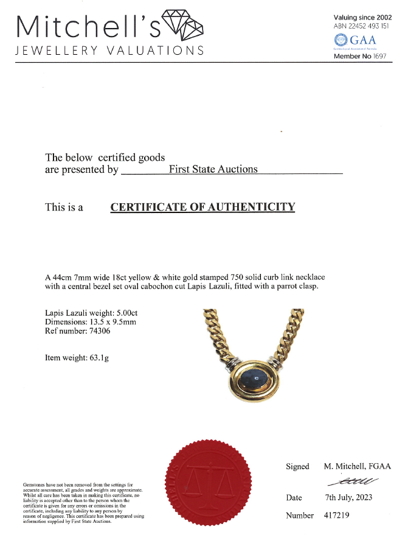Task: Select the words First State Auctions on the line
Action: click(x=213, y=169)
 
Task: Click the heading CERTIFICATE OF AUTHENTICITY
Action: click(x=202, y=207)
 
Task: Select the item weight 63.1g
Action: click(x=98, y=358)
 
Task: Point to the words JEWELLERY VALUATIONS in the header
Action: click(x=109, y=50)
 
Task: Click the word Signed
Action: click(x=297, y=466)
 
